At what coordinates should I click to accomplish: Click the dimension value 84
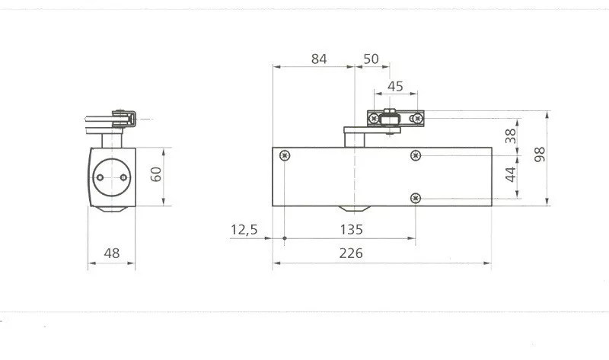pyautogui.click(x=319, y=59)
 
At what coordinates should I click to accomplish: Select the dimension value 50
pyautogui.click(x=371, y=59)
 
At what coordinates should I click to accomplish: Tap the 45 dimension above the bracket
pyautogui.click(x=395, y=86)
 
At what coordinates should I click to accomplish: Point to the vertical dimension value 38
pyautogui.click(x=511, y=136)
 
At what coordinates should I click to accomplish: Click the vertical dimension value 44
pyautogui.click(x=511, y=174)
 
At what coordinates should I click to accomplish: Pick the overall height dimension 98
pyautogui.click(x=540, y=155)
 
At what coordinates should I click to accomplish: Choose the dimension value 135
pyautogui.click(x=352, y=230)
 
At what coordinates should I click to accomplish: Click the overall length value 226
pyautogui.click(x=351, y=253)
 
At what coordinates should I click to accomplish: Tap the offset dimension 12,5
pyautogui.click(x=244, y=230)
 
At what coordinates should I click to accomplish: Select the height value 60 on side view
pyautogui.click(x=156, y=174)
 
